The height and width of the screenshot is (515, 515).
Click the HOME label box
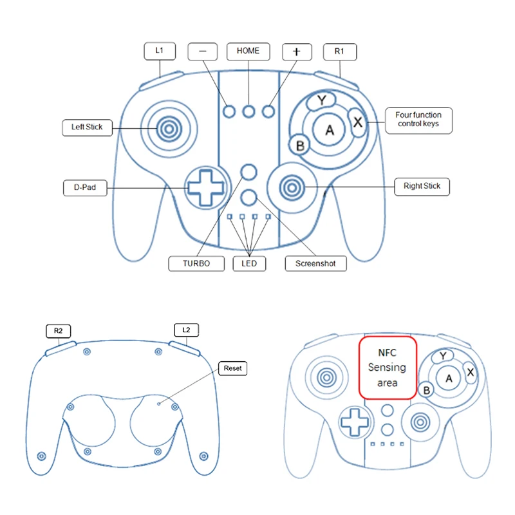(x=248, y=51)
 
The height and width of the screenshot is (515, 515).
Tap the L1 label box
(x=160, y=51)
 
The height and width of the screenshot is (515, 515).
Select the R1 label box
(x=340, y=52)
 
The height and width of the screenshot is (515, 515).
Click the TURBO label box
(x=196, y=263)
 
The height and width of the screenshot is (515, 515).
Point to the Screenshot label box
(x=315, y=263)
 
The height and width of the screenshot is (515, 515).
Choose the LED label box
(x=249, y=263)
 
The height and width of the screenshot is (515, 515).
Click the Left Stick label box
(x=88, y=127)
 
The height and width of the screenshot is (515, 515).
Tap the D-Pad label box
(x=85, y=188)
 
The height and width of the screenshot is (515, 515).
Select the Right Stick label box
(x=422, y=187)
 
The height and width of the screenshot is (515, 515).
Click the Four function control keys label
(x=419, y=120)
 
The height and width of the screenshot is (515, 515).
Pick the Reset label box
(x=232, y=368)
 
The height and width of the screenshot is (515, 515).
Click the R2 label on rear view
(x=58, y=331)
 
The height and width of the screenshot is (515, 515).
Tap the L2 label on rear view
(x=186, y=330)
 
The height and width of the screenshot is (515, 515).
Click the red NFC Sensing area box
(x=388, y=368)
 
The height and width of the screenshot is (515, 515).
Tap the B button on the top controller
(x=299, y=145)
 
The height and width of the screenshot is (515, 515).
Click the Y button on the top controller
(x=321, y=100)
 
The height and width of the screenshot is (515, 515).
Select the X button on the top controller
(x=357, y=122)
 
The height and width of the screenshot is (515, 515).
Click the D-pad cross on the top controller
(x=206, y=188)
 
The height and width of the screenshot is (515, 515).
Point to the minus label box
(x=203, y=51)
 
